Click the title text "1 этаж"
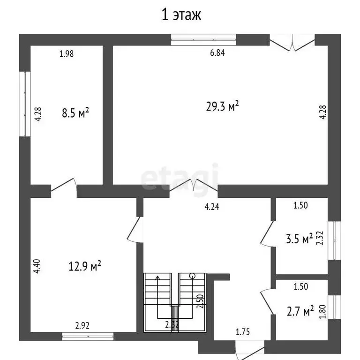(x=181, y=15)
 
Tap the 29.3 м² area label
(x=223, y=107)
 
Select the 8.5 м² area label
(x=75, y=113)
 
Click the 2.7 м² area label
(x=300, y=311)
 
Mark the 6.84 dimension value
(x=217, y=53)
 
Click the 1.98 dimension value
(x=67, y=53)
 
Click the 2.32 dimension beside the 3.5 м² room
(x=320, y=238)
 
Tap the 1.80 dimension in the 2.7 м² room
(x=321, y=311)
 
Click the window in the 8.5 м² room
(x=22, y=104)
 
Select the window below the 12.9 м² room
(x=88, y=336)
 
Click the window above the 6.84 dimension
(x=203, y=40)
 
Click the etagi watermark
(x=180, y=177)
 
